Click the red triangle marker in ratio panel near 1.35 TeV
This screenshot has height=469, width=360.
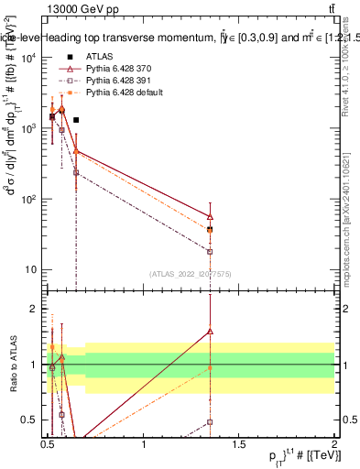tap(211, 332)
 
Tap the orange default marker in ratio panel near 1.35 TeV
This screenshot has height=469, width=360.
tap(211, 367)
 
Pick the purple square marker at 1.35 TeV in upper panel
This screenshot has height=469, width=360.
tap(211, 252)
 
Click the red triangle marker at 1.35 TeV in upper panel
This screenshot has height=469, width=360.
tap(211, 216)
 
